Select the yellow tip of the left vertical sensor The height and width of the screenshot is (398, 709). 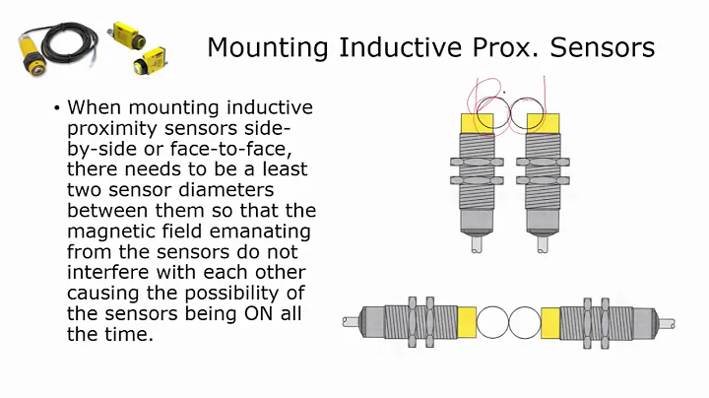tap(478, 124)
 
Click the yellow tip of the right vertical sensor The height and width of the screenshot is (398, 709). tap(544, 124)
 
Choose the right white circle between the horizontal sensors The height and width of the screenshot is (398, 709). tap(525, 323)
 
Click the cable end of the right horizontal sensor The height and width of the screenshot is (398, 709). tap(667, 323)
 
